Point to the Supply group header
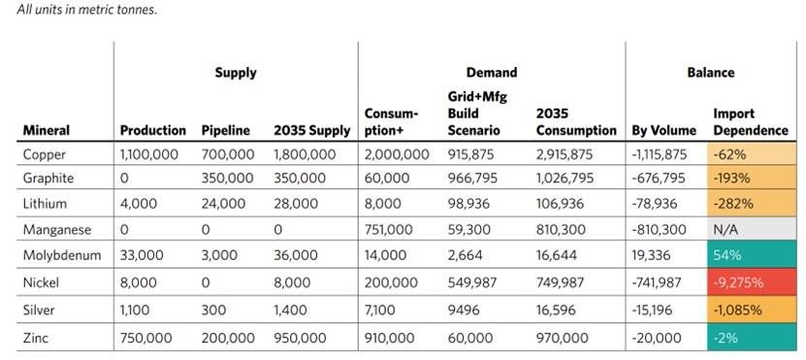tap(236, 72)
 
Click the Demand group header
tap(492, 72)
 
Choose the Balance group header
tap(712, 72)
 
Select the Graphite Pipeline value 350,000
tap(228, 180)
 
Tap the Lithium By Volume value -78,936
tap(660, 205)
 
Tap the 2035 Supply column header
tap(311, 129)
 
